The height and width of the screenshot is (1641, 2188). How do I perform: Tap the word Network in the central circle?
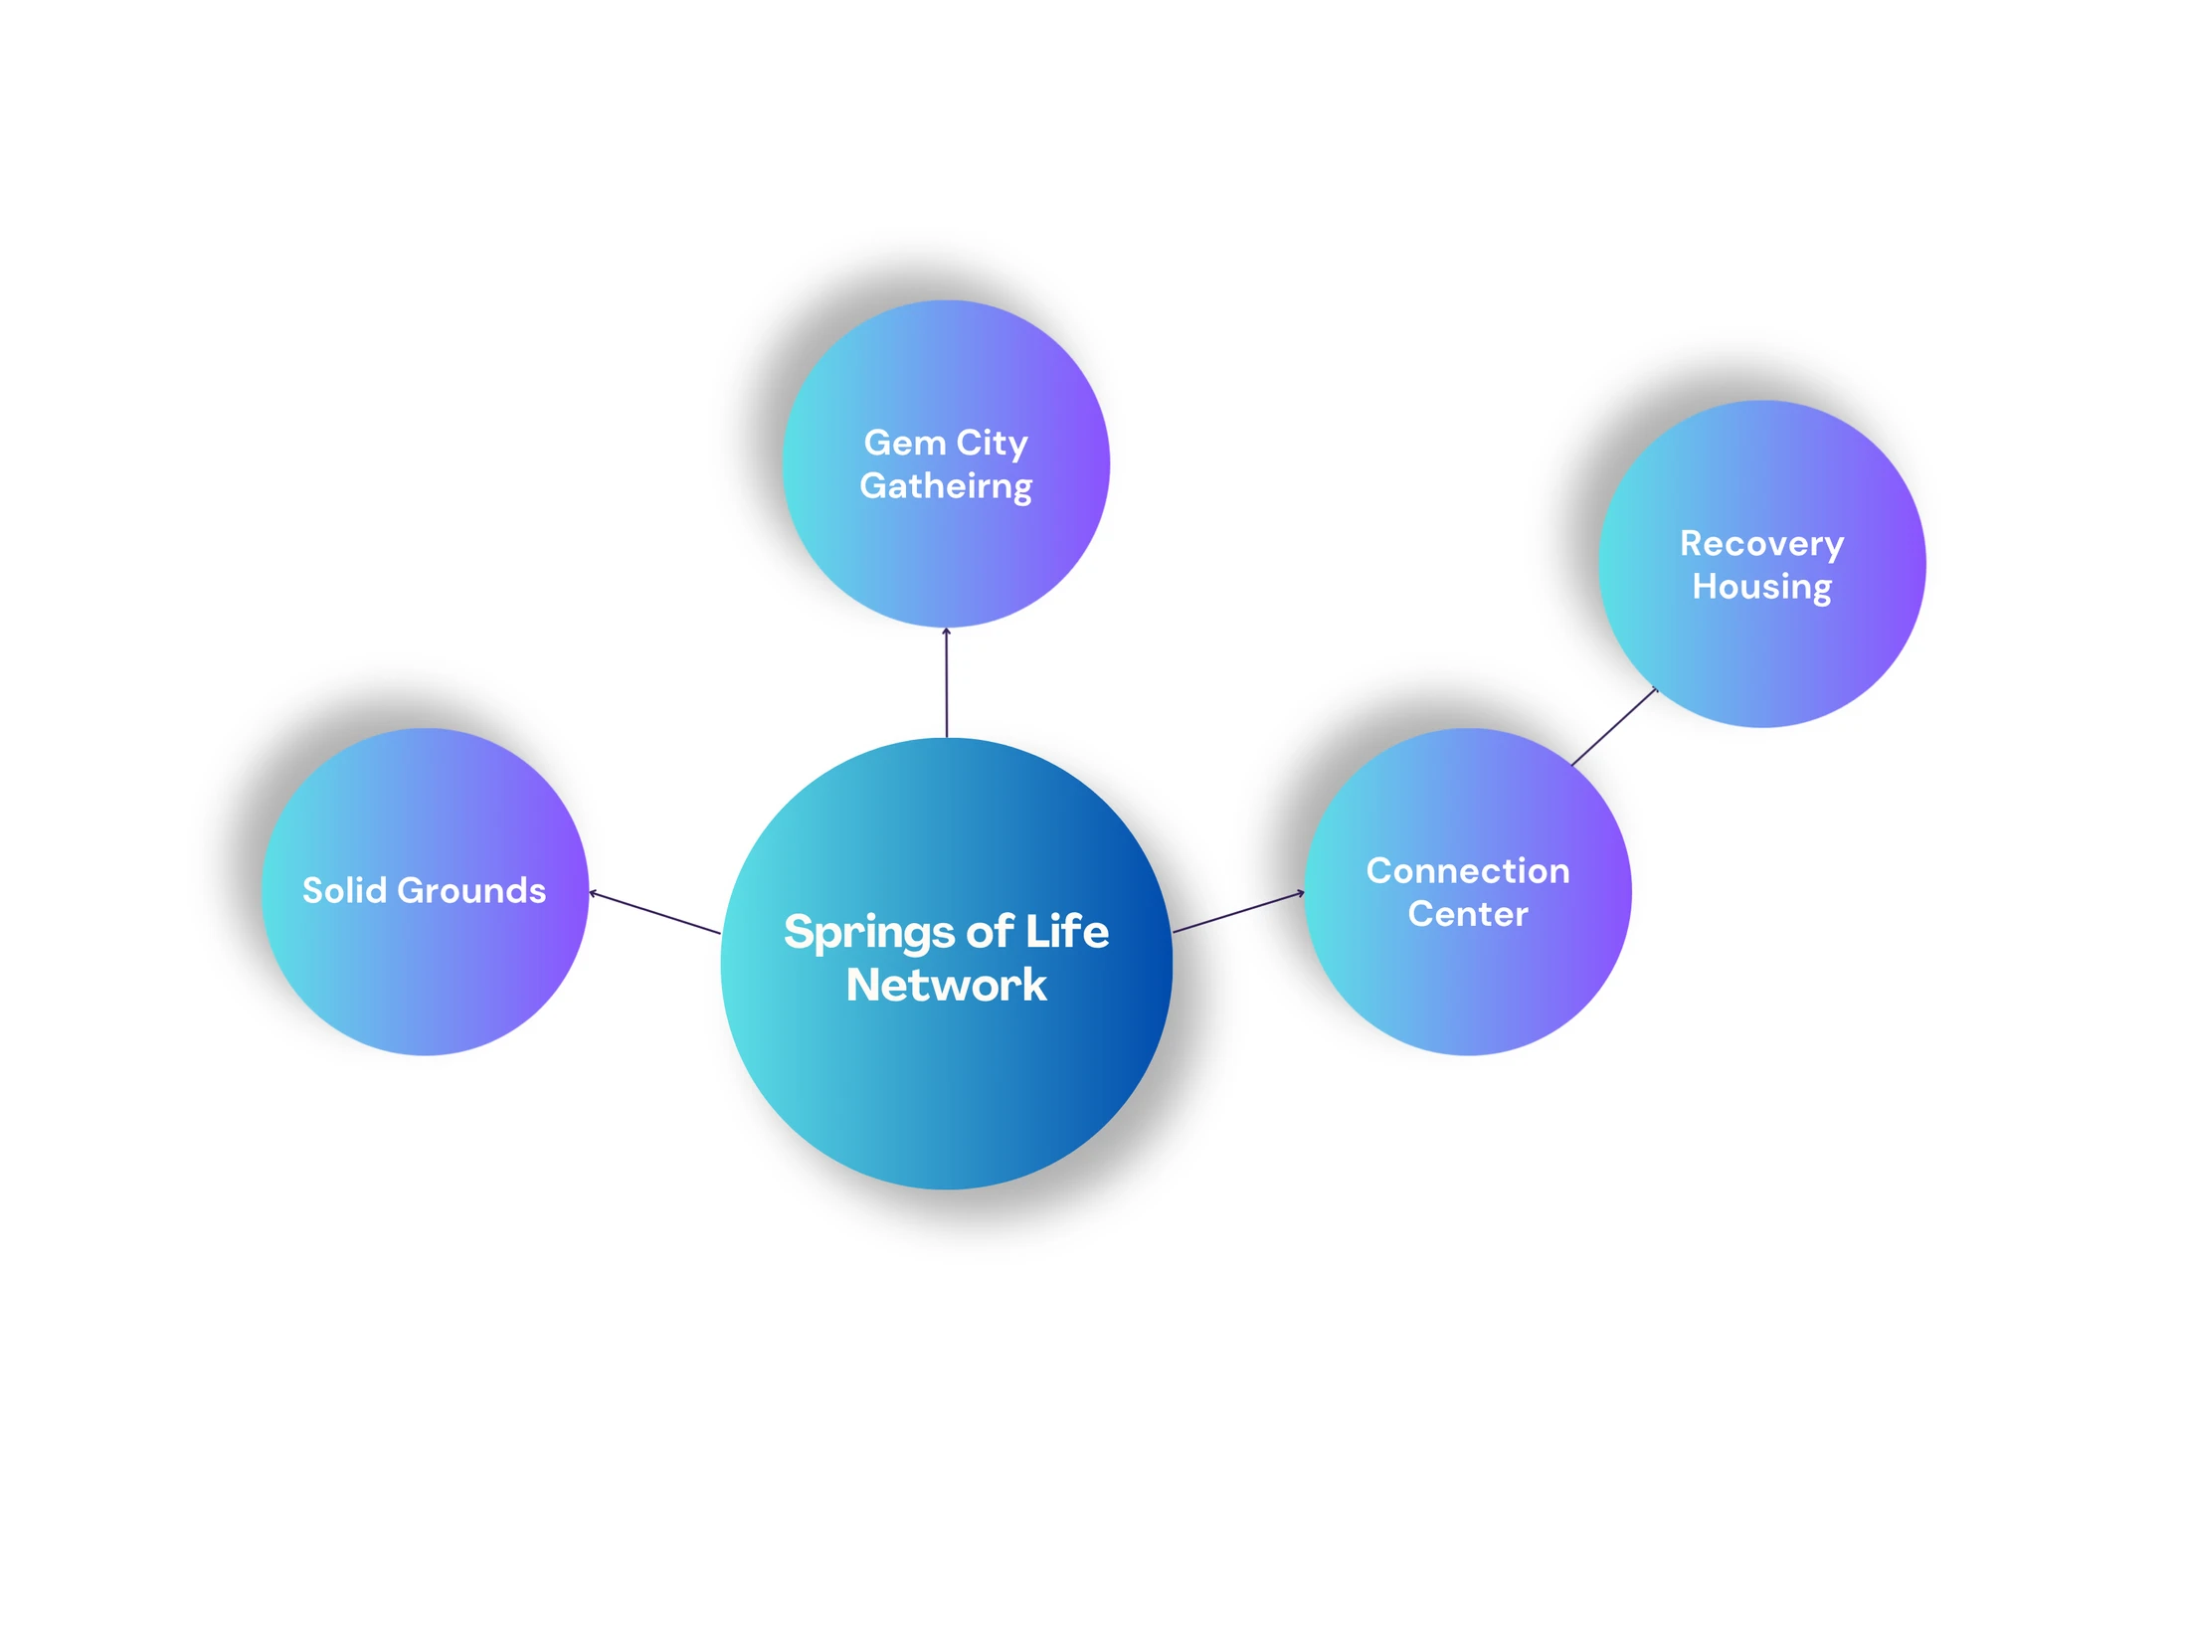point(946,985)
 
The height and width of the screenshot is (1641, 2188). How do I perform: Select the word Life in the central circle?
point(1067,930)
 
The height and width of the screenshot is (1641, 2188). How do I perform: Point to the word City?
point(992,444)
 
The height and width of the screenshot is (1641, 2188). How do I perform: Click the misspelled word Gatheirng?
point(946,486)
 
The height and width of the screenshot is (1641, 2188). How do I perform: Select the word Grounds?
point(471,889)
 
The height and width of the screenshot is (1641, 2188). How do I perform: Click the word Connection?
point(1468,870)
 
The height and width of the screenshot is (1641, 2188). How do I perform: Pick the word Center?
point(1468,913)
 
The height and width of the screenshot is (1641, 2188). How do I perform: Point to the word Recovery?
point(1761,544)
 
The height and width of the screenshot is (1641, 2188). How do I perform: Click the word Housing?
point(1761,587)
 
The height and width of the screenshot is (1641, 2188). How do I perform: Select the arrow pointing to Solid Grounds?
point(654,912)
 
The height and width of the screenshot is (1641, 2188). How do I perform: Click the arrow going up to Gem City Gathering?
point(946,682)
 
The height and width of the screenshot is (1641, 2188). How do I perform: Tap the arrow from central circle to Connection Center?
point(1238,912)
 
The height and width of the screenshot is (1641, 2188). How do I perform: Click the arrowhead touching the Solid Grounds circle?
point(593,893)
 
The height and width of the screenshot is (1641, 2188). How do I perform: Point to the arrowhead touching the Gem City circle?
point(946,631)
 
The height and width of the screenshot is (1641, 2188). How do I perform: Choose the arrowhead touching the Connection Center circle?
point(1301,893)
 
